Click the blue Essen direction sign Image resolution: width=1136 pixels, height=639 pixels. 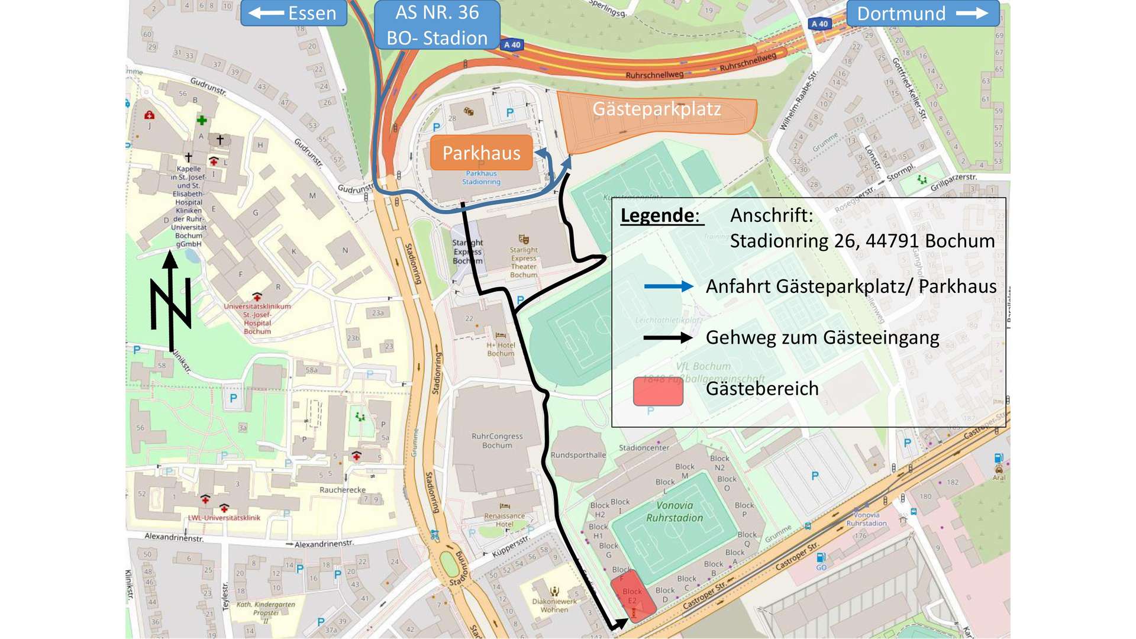click(x=293, y=13)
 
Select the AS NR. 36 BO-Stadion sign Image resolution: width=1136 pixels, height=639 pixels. click(x=437, y=25)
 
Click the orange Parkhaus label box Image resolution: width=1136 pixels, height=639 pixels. click(x=481, y=153)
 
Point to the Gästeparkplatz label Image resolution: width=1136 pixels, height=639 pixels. click(x=657, y=109)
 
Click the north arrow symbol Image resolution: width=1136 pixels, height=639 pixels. click(x=171, y=302)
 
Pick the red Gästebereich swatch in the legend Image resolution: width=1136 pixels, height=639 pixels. click(x=658, y=390)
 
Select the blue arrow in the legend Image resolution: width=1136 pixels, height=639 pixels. click(x=668, y=286)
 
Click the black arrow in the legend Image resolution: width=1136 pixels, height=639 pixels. click(x=668, y=338)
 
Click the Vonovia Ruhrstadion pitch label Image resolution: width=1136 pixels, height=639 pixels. click(x=674, y=511)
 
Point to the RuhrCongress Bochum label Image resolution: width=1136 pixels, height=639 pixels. click(x=497, y=440)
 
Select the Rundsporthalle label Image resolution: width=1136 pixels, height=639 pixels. click(x=578, y=455)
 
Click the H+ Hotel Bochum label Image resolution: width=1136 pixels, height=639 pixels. click(x=501, y=349)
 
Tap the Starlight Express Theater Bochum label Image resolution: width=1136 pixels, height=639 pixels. click(x=524, y=262)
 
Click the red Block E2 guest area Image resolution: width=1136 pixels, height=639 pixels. click(x=632, y=595)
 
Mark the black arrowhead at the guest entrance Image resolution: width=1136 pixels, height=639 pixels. click(x=620, y=623)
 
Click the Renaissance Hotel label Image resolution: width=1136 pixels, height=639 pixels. click(x=504, y=519)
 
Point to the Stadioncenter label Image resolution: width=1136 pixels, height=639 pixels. click(x=644, y=448)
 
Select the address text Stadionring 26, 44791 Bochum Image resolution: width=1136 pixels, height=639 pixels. click(x=862, y=241)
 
